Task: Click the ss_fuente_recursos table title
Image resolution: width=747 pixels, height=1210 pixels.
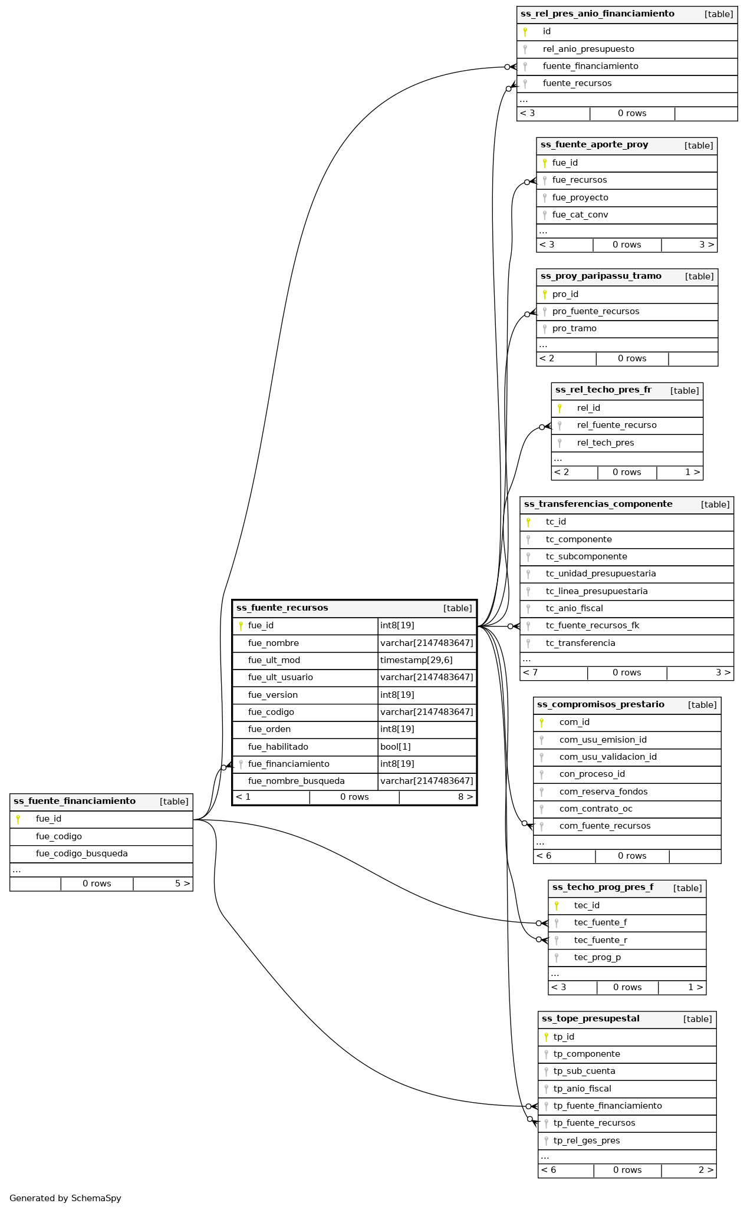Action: (x=282, y=608)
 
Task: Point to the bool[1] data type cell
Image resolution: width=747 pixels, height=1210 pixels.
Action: (x=396, y=747)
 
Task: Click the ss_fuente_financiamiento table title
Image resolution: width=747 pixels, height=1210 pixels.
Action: (x=74, y=801)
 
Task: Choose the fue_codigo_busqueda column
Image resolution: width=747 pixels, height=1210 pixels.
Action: (x=81, y=853)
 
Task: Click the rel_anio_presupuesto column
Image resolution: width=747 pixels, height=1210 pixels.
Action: (x=588, y=49)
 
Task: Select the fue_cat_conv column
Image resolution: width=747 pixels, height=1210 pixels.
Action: (x=580, y=215)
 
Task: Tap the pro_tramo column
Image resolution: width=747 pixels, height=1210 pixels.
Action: (x=574, y=328)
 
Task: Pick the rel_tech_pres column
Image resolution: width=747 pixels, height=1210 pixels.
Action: (x=606, y=443)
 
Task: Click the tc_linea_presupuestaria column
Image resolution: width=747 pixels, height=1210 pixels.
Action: (x=597, y=591)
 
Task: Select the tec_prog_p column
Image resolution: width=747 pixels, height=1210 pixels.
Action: (x=597, y=957)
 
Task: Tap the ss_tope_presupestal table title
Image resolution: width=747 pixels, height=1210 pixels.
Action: (x=590, y=1018)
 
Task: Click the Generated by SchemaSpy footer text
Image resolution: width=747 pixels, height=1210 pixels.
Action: (x=65, y=1198)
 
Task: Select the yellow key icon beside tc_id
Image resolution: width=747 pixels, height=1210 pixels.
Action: (x=528, y=522)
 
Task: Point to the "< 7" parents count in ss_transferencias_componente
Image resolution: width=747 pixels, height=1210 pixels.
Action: (x=530, y=672)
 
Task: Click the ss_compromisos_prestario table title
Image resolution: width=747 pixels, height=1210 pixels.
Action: (x=600, y=704)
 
